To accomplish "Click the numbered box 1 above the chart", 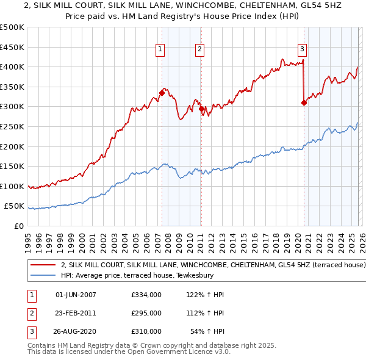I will coord(160,50).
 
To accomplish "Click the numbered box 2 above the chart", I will coord(200,50).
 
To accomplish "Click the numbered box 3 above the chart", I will coord(302,50).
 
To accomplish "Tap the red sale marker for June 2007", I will coord(162,93).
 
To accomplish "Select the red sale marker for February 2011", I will coord(201,109).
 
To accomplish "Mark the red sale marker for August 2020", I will coord(304,103).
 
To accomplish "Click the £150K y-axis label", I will coord(12,166).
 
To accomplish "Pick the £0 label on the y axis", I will coord(19,226).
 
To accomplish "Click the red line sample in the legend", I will coord(43,265).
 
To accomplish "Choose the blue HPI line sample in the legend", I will coord(43,276).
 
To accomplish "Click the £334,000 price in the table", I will coord(146,295).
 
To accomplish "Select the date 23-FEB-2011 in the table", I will coord(76,313).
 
